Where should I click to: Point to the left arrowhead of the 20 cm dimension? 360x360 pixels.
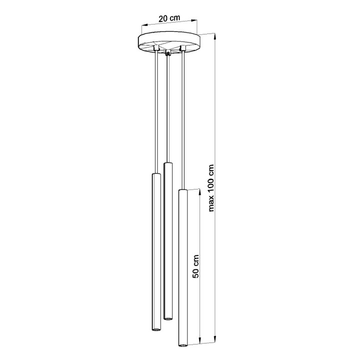tap(141, 25)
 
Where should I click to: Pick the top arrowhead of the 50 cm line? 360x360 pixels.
tap(201, 190)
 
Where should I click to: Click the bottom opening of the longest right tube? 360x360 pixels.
tap(183, 345)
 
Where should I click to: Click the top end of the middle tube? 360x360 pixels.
tap(168, 163)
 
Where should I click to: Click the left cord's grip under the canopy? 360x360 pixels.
tap(157, 47)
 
